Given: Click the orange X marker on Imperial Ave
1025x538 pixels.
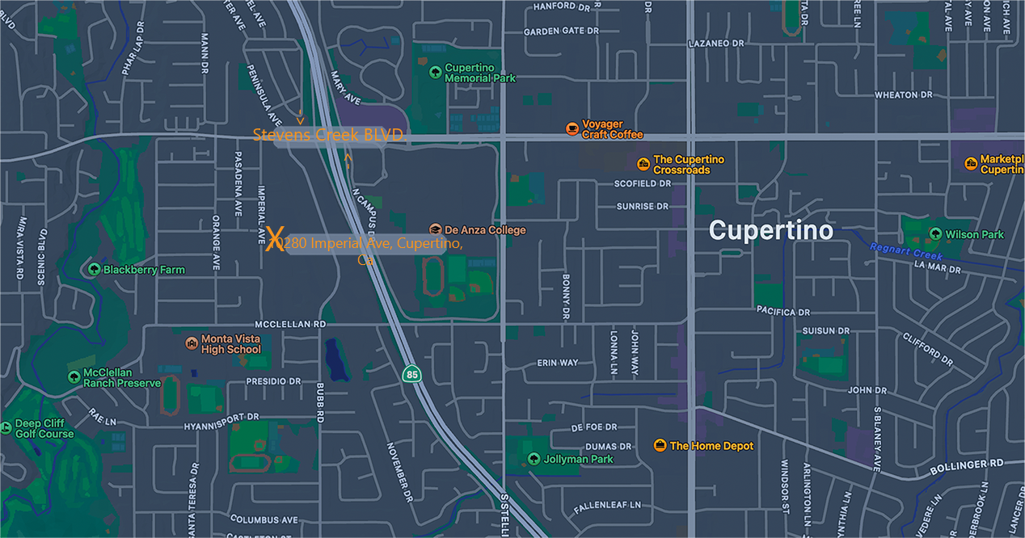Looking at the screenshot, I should (275, 240).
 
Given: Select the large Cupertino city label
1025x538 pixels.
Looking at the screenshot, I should (770, 230).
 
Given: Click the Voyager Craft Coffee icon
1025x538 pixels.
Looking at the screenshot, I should (572, 128).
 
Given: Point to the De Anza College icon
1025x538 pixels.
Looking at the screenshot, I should (436, 230).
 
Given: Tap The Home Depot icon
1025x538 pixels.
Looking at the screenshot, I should (660, 446).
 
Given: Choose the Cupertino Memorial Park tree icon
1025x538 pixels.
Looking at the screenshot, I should (436, 73).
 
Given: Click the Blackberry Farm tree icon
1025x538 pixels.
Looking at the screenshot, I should (95, 270).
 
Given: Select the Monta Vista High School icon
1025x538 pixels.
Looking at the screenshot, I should (192, 344).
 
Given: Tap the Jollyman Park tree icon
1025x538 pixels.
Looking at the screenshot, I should (534, 459).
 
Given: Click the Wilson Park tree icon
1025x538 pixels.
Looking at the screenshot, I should (935, 234).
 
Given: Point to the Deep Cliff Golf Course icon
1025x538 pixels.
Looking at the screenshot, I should (6, 427).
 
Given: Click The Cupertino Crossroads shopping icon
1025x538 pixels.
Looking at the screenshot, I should (643, 165).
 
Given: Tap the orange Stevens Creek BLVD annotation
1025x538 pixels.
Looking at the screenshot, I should (328, 135).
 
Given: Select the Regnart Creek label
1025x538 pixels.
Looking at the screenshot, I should (905, 252).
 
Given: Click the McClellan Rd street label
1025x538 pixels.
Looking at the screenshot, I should (290, 323).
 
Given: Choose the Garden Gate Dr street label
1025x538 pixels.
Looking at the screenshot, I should (560, 32).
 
